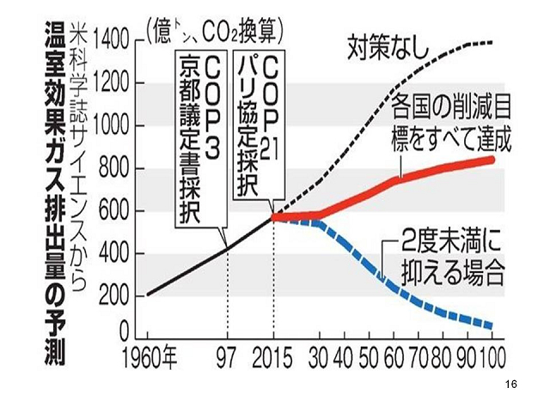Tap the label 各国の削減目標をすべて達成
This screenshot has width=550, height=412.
(450, 124)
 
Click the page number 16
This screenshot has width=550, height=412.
(512, 384)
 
